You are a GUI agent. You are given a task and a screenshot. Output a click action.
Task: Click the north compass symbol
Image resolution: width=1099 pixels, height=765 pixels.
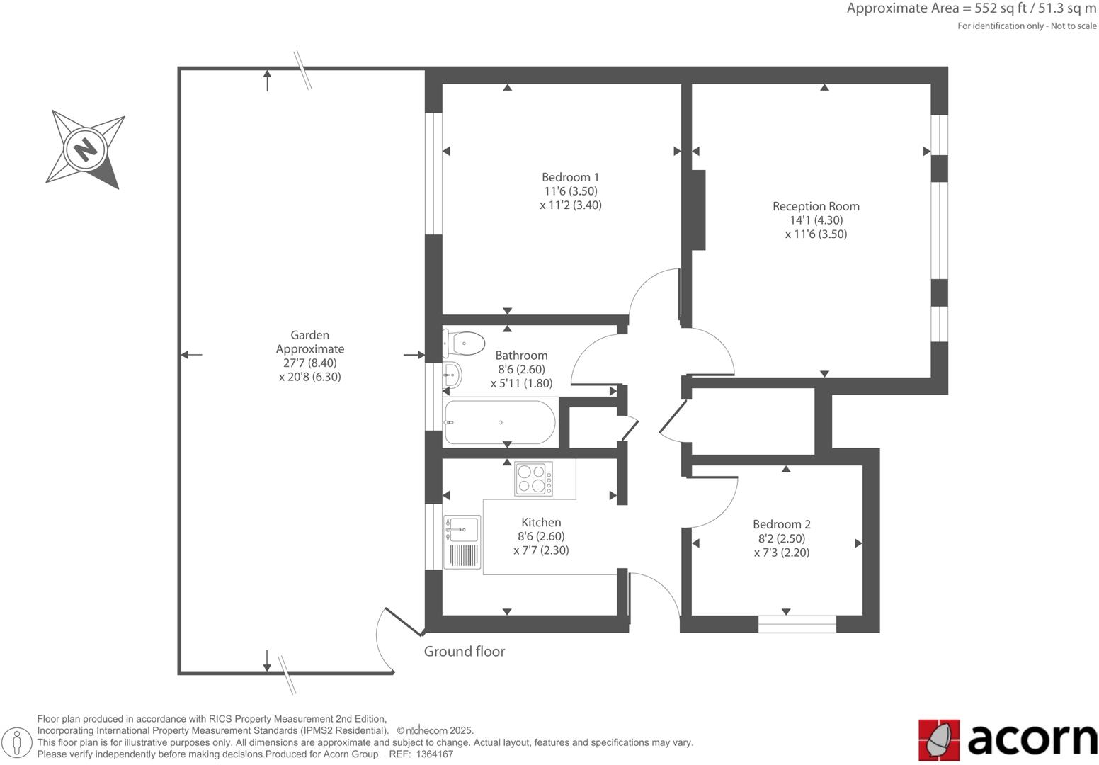[86, 149]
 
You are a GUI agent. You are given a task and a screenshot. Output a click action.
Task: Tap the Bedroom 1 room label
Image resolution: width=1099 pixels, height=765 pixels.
[570, 177]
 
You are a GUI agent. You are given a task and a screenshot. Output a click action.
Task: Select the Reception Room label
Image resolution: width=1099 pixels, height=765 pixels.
[816, 206]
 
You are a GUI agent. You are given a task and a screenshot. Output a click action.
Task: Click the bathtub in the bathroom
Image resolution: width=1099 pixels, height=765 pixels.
[499, 423]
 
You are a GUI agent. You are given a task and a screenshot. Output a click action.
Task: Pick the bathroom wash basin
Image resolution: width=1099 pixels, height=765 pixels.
[452, 375]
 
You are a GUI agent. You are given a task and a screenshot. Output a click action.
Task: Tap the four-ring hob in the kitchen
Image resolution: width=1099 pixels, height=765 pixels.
[534, 478]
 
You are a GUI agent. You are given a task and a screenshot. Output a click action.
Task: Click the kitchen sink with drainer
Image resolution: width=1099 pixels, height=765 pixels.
[462, 543]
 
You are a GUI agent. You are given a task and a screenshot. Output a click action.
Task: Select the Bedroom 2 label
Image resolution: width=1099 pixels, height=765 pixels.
[781, 524]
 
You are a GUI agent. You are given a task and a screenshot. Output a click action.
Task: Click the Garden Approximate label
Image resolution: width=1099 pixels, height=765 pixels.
[309, 342]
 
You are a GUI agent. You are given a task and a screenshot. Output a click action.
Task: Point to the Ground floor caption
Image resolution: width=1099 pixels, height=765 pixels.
[464, 652]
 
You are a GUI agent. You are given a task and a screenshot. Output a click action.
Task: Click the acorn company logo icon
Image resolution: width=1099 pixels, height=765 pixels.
[939, 740]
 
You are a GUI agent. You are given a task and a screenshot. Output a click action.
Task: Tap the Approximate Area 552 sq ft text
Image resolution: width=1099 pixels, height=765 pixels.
[971, 8]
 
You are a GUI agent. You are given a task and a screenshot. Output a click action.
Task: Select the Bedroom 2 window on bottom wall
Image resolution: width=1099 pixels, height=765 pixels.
[797, 624]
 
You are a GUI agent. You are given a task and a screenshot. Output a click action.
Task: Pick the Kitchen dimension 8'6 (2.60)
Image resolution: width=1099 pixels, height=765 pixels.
[541, 536]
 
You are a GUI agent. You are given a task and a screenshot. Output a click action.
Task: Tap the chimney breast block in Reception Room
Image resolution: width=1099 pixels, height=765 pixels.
[697, 210]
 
